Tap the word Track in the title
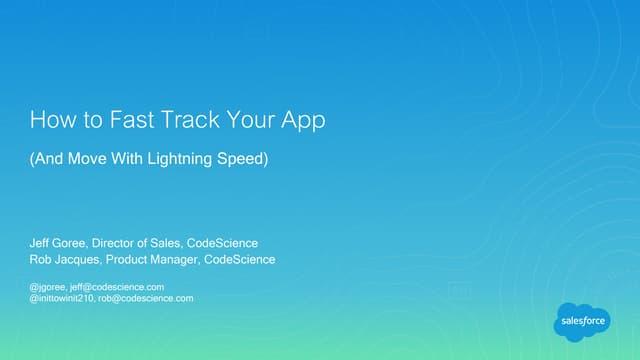click(x=190, y=120)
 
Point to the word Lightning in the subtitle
click(x=180, y=159)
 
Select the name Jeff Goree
click(x=58, y=243)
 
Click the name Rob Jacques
click(x=64, y=260)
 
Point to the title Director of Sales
click(x=136, y=243)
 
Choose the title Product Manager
click(x=152, y=260)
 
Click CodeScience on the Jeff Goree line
click(x=222, y=243)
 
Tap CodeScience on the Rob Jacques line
click(x=240, y=260)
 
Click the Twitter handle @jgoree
click(x=47, y=287)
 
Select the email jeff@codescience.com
click(x=117, y=287)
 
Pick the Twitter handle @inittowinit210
click(x=62, y=298)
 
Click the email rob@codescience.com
click(x=146, y=298)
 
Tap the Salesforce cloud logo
click(x=582, y=322)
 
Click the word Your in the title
click(x=250, y=120)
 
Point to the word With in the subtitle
click(x=127, y=158)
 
